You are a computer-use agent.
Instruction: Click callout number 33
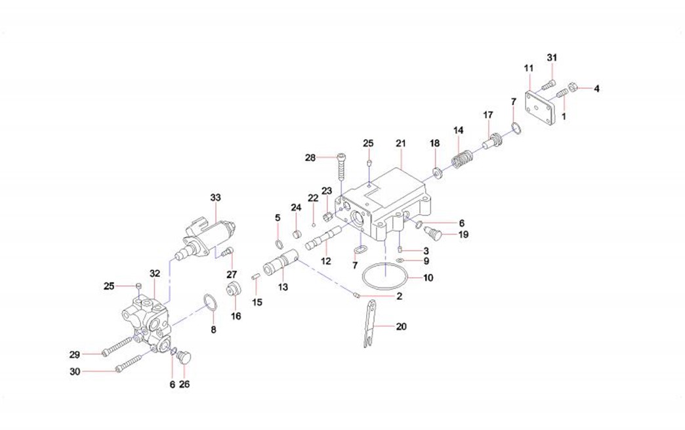[216, 198]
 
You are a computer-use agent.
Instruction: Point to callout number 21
[401, 143]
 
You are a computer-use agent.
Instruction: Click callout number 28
[310, 157]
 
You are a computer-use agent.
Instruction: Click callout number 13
[283, 287]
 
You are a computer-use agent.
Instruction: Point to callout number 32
[154, 273]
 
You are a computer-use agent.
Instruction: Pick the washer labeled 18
[435, 173]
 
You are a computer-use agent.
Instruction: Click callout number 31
[552, 57]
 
